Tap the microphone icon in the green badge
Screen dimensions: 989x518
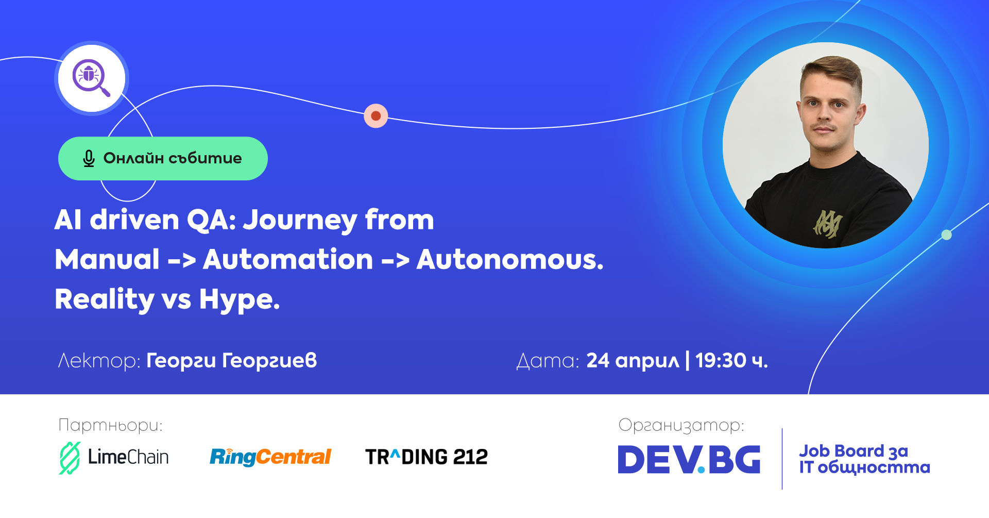[89, 158]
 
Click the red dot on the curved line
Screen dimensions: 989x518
[376, 116]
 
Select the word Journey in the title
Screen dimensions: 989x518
[300, 221]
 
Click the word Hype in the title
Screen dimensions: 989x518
[240, 300]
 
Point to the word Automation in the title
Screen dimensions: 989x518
[288, 259]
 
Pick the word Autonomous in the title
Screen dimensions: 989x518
[510, 259]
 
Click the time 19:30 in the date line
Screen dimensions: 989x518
[721, 361]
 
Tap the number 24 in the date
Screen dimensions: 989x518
[598, 361]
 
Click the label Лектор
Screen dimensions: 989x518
[99, 361]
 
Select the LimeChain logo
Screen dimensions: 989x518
[114, 458]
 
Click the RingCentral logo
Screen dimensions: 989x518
[270, 457]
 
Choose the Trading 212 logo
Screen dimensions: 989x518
[427, 457]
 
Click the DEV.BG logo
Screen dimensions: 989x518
[689, 459]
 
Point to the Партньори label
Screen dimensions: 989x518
[110, 425]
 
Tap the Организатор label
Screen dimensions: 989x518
[681, 425]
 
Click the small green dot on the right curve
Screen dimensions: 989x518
[946, 235]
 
